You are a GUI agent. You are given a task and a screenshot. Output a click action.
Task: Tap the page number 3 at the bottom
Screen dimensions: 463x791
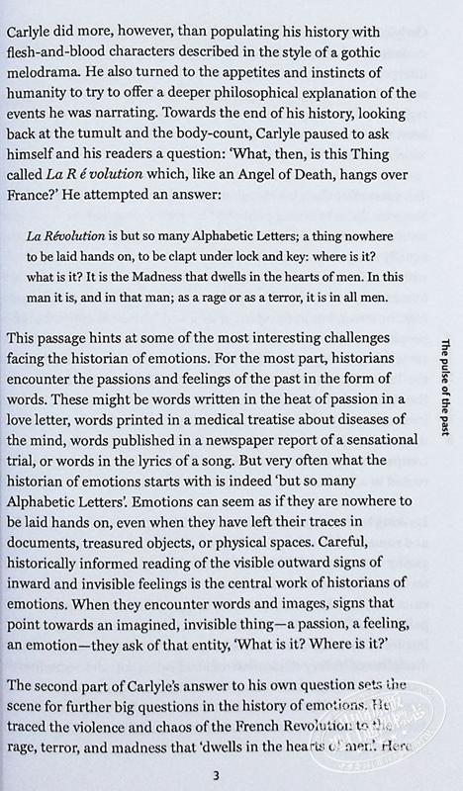(x=204, y=774)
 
